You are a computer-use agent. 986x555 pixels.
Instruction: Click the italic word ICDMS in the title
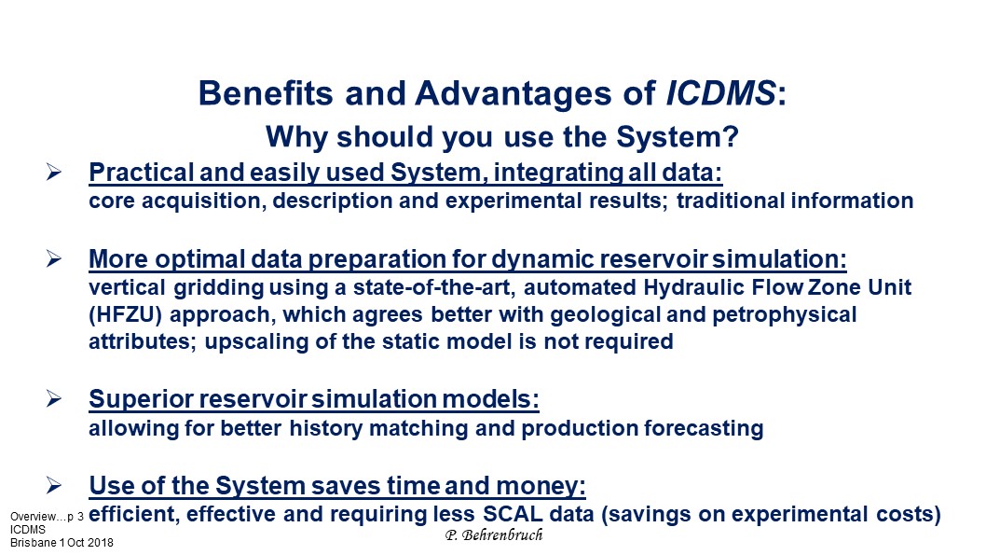tap(720, 93)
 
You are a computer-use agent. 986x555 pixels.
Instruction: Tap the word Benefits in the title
tap(266, 93)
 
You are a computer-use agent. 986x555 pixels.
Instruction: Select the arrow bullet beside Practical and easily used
tap(53, 172)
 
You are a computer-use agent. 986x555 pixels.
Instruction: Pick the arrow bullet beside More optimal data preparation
tap(53, 258)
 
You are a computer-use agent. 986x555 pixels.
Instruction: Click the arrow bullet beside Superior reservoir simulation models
tap(53, 398)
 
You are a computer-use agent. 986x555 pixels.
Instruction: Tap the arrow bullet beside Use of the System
tap(53, 485)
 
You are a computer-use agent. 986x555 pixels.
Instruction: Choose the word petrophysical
tap(784, 314)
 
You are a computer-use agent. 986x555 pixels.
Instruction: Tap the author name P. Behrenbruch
tap(494, 534)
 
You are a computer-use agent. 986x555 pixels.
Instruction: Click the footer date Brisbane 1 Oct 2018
tap(62, 543)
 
